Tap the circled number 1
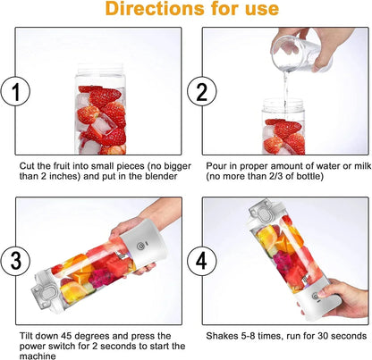(15, 92)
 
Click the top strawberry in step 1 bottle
(93, 92)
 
